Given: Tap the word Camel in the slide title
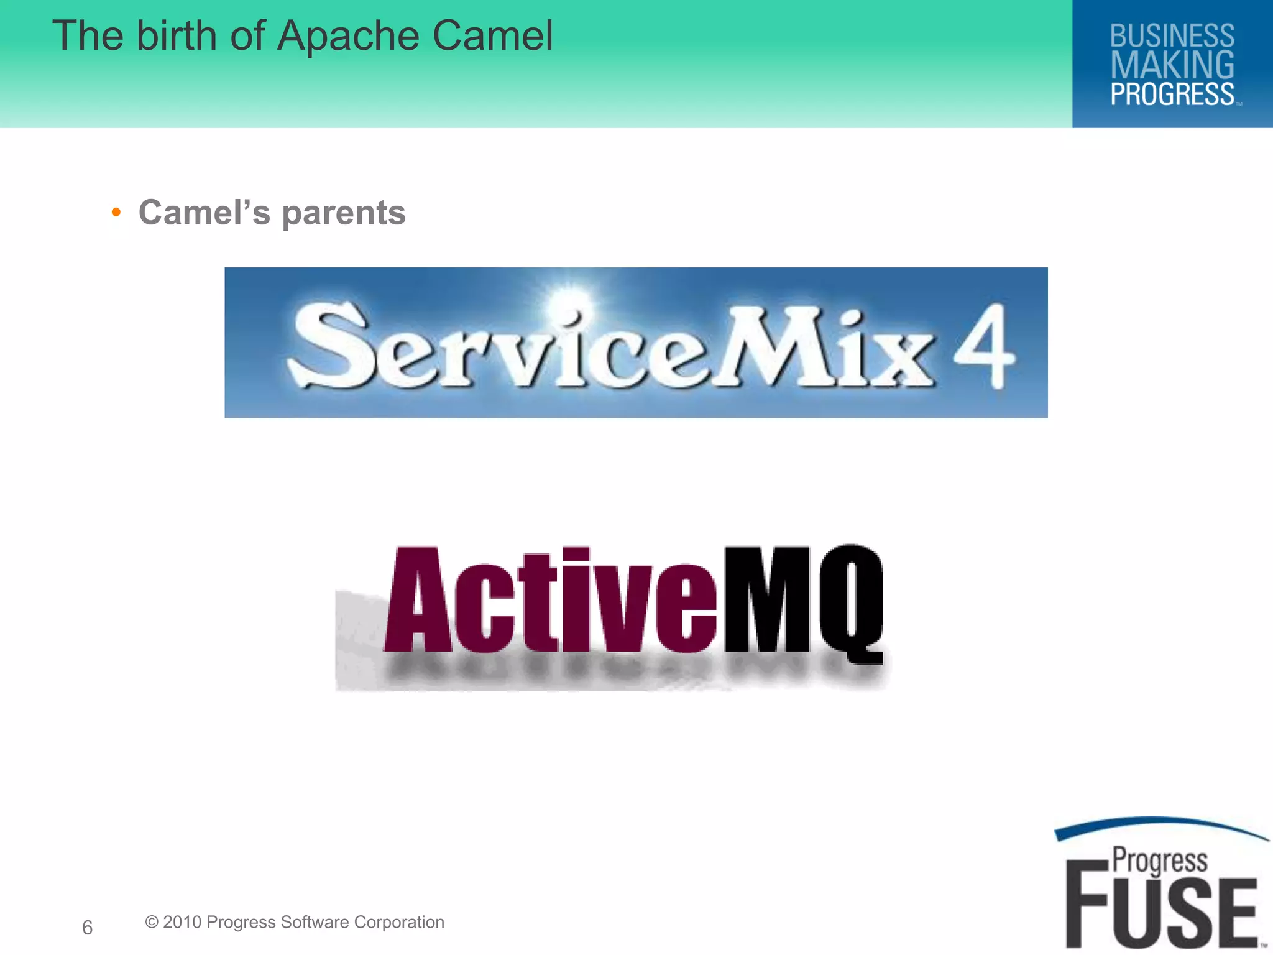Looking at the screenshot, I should [x=492, y=35].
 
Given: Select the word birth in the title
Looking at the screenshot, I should [x=177, y=35].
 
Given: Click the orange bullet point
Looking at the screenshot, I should [x=116, y=213].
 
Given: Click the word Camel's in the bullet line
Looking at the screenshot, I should [x=205, y=213].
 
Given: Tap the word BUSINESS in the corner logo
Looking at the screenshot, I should [x=1172, y=36].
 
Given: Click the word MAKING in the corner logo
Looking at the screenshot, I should [x=1172, y=65].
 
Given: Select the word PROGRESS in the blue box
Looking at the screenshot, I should [x=1172, y=95].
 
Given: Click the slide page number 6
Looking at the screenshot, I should [x=88, y=927].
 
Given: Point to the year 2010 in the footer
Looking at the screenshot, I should [x=182, y=922].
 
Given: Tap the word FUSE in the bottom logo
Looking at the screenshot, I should [x=1162, y=913].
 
